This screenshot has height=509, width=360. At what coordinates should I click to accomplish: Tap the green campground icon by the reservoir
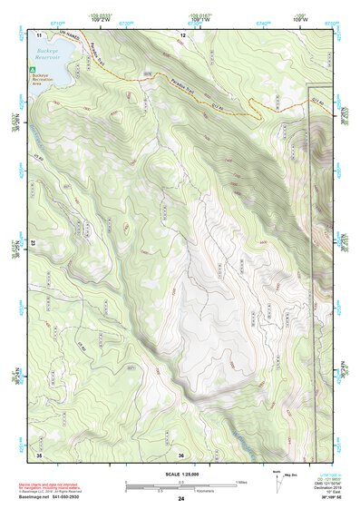tap(34, 68)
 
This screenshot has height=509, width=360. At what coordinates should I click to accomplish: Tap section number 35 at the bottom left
tap(39, 453)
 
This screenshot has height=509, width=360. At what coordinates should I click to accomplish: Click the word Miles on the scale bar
tap(241, 482)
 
